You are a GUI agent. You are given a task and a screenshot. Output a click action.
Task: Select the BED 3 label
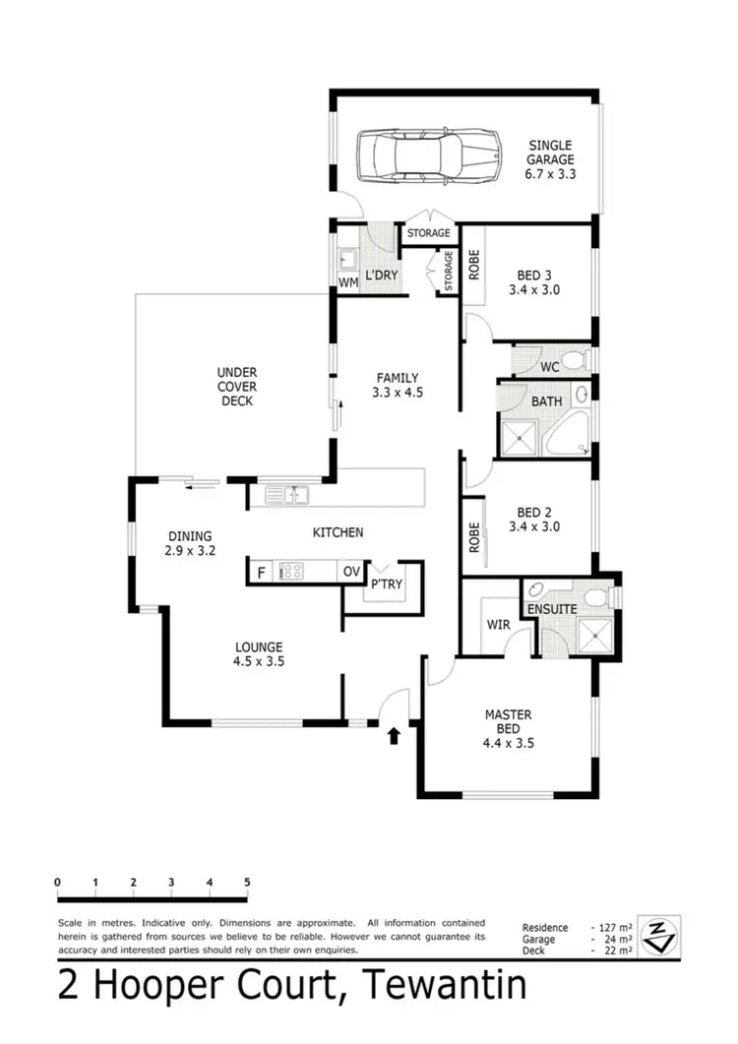(533, 283)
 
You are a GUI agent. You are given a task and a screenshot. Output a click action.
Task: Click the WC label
(550, 366)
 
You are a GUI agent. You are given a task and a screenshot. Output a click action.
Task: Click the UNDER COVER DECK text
(236, 387)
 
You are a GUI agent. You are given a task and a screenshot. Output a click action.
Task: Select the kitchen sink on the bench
(287, 495)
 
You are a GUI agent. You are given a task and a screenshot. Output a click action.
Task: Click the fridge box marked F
(262, 572)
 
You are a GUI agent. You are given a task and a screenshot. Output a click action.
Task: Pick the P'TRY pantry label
(384, 585)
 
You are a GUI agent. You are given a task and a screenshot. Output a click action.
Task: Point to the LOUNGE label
(259, 654)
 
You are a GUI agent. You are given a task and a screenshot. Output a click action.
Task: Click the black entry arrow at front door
(396, 734)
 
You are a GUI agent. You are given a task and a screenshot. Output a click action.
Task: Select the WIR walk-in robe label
(497, 624)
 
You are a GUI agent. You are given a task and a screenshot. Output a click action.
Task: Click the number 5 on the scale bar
(247, 882)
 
